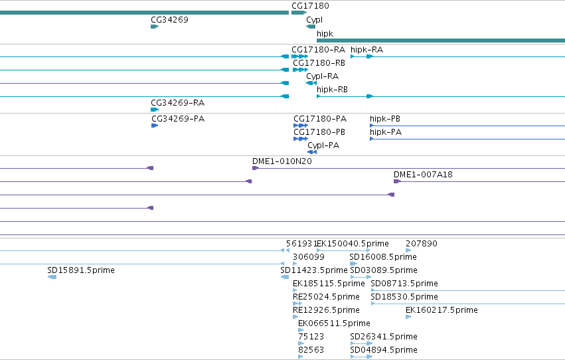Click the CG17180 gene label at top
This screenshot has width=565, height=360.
310,6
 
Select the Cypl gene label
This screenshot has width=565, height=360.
314,20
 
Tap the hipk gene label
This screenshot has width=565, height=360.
325,33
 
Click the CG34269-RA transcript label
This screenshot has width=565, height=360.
178,103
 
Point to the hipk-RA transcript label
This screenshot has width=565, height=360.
366,50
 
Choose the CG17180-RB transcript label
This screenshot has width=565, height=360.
319,62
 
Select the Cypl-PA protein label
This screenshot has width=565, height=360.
323,145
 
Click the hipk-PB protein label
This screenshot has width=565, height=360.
385,118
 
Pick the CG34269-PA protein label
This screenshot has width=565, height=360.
178,118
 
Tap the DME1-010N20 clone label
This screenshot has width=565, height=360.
282,161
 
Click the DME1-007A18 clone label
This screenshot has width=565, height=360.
423,175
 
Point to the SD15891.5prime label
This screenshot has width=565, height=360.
81,270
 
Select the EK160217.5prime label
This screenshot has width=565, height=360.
442,310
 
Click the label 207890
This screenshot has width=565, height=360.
422,244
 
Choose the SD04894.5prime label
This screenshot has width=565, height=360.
384,349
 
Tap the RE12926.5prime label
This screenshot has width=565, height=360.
326,310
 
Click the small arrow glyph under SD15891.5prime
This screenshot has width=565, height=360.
52,277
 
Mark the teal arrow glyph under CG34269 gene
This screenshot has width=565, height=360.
155,27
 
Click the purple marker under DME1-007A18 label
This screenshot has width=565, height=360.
397,181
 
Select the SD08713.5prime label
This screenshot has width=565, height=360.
404,283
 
